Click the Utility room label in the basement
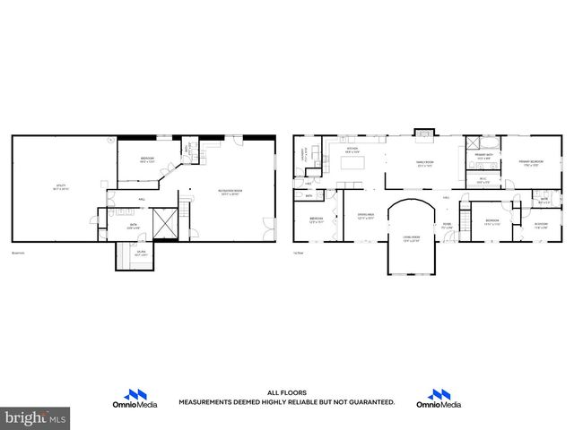tap(60, 188)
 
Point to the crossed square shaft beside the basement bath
tap(165, 224)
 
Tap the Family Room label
tap(423, 164)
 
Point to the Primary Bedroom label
tap(531, 162)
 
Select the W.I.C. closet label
tap(483, 179)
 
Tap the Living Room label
tap(411, 238)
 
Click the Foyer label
tap(447, 226)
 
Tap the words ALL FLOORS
tap(287, 392)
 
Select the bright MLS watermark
tap(36, 417)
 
